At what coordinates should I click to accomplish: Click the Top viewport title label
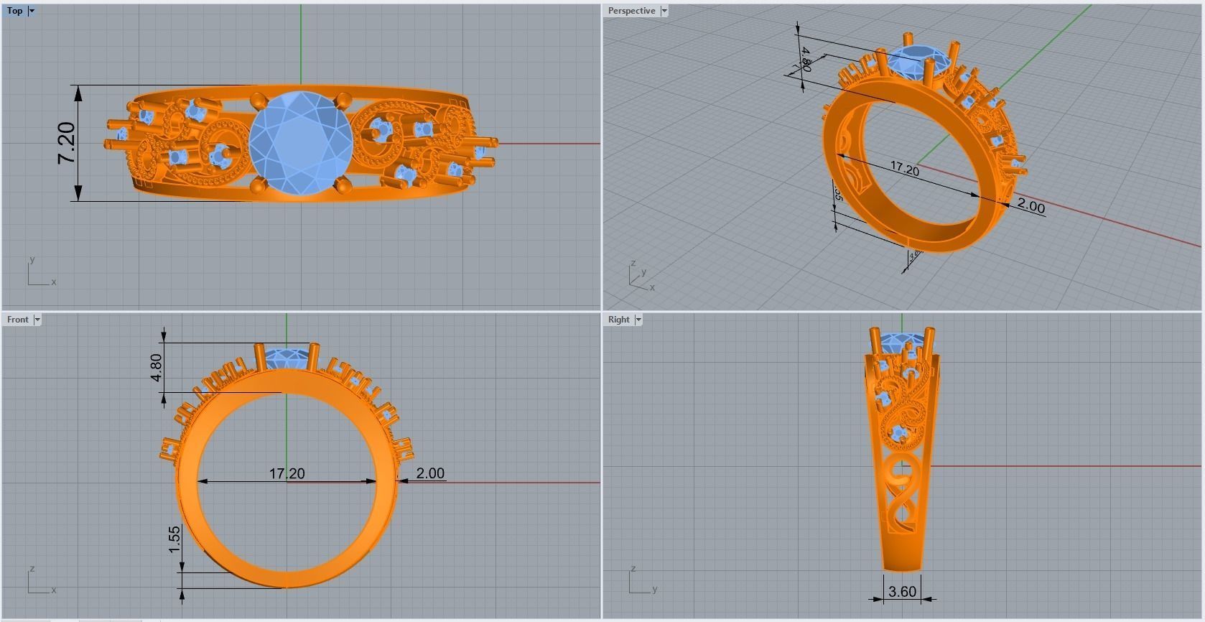point(14,11)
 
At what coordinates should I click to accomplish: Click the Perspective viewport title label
point(631,11)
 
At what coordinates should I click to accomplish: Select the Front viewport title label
point(17,320)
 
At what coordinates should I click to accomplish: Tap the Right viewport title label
point(618,320)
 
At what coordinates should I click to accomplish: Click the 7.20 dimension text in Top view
point(66,143)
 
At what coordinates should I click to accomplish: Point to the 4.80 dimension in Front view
point(157,367)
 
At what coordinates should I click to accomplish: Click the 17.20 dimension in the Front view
point(287,473)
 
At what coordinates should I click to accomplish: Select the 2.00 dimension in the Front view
point(430,473)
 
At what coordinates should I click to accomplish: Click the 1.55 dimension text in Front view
point(175,539)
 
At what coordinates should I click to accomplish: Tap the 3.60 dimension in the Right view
point(902,591)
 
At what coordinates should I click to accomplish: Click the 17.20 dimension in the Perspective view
point(904,170)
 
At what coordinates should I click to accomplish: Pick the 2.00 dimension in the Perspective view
point(1030,207)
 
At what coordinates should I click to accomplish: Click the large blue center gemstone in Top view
point(301,142)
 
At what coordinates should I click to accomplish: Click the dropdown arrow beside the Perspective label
point(664,11)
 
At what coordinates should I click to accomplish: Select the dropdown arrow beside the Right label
point(638,320)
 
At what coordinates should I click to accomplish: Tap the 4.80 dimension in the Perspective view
point(806,60)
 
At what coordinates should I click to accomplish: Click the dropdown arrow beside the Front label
point(37,320)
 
